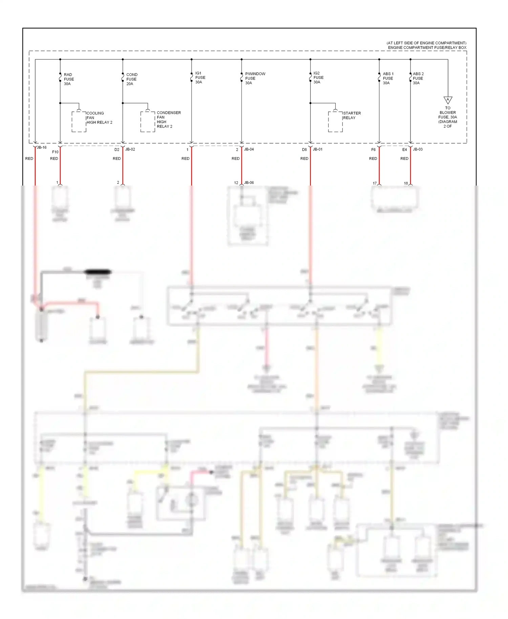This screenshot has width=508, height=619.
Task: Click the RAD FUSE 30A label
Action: click(x=68, y=79)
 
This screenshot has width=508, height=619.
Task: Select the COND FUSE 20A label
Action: click(x=131, y=79)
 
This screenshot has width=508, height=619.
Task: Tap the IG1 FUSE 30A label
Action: click(x=200, y=78)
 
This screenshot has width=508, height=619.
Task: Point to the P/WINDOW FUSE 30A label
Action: click(x=255, y=78)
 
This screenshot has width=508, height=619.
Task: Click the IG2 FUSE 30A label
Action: click(x=318, y=78)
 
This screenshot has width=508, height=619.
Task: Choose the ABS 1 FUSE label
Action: click(x=388, y=78)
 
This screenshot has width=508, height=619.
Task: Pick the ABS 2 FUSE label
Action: click(x=418, y=78)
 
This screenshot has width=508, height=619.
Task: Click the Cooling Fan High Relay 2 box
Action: click(x=79, y=121)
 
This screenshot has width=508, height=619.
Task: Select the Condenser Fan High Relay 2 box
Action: click(x=148, y=121)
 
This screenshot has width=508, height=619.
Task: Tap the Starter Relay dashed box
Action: click(x=335, y=121)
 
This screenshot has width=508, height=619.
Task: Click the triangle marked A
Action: click(x=448, y=100)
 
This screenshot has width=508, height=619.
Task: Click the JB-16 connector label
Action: click(x=42, y=148)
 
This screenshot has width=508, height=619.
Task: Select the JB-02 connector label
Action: click(x=130, y=149)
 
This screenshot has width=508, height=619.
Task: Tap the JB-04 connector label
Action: click(x=249, y=149)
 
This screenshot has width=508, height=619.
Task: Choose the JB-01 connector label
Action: click(x=318, y=149)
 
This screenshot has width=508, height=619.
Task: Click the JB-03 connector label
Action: click(x=418, y=149)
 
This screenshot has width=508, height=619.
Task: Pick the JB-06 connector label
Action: click(x=249, y=183)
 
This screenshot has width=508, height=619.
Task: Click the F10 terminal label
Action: click(x=55, y=152)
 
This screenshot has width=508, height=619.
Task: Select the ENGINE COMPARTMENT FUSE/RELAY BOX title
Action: click(x=427, y=48)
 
